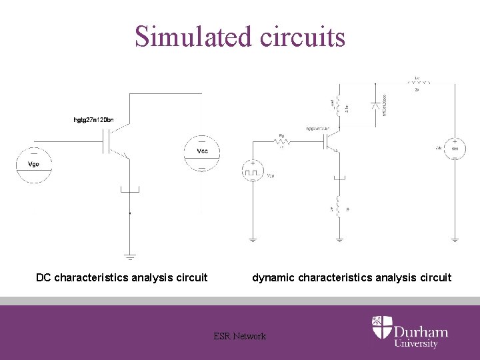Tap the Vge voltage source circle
pyautogui.click(x=34, y=165)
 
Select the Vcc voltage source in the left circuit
pyautogui.click(x=201, y=153)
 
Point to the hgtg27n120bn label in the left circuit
pyautogui.click(x=93, y=120)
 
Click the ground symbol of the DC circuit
pyautogui.click(x=129, y=256)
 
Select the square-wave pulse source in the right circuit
pyautogui.click(x=253, y=172)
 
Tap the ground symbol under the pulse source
pyautogui.click(x=253, y=238)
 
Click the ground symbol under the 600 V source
pyautogui.click(x=455, y=238)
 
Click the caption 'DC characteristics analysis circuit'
pyautogui.click(x=121, y=277)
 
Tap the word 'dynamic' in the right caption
pyautogui.click(x=272, y=277)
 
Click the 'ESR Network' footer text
pyautogui.click(x=239, y=336)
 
